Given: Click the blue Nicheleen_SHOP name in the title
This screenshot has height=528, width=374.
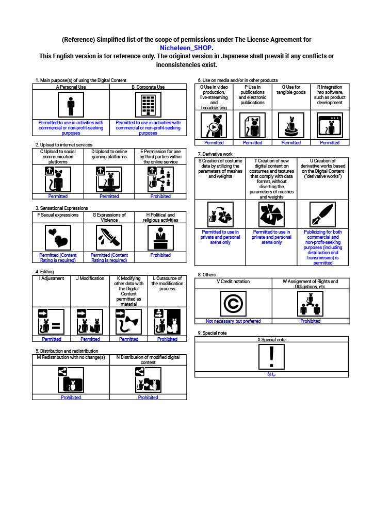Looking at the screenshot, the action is pos(186,48).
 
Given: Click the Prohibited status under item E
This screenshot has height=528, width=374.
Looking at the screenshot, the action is pos(160,196).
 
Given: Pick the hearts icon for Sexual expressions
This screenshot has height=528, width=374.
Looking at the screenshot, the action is pos(58,238).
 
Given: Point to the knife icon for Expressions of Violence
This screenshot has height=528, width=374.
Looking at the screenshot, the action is pos(109,238).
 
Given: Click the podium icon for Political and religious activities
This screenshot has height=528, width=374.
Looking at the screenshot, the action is pos(160,238).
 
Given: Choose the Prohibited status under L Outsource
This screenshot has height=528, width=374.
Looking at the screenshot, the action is pos(167,339).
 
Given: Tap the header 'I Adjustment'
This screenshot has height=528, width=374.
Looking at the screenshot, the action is pos(52,278).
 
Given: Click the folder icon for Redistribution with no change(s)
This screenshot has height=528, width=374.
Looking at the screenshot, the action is pos(71,380).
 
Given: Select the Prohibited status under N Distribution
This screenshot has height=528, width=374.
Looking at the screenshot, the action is pos(148,398).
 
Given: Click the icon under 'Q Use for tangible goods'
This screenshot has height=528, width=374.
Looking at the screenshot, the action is pos(291,125).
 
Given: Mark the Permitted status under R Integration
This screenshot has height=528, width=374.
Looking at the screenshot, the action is pos(330,143).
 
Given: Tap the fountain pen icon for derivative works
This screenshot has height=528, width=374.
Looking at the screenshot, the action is pos(323,214).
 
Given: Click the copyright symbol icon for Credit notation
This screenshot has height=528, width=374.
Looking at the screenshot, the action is pos(233,304).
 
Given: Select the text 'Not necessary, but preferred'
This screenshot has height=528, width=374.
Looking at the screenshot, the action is pos(233,321).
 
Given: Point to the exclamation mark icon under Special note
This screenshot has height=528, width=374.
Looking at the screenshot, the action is pos(271,357).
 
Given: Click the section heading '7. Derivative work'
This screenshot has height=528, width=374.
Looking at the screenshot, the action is pos(215,154).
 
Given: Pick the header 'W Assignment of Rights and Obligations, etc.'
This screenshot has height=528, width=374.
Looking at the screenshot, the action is pos(311,284).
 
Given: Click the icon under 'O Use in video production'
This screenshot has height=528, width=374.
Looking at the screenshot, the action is pos(214,125).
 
